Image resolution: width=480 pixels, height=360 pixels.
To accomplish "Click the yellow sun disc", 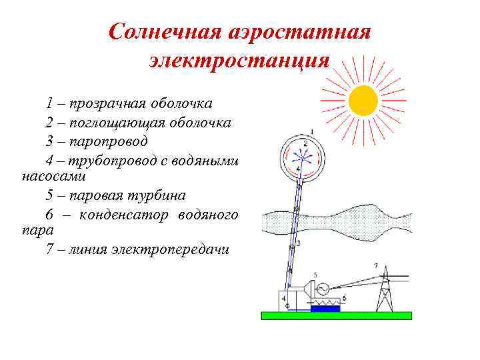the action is coord(363,101).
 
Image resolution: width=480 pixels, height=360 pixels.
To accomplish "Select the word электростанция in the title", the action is coord(239,60).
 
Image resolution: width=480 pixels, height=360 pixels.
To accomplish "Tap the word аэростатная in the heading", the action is coord(299,32).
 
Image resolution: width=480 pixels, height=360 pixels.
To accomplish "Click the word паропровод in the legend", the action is coord(109,142).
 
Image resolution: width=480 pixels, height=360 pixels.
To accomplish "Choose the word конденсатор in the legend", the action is coord(124,215).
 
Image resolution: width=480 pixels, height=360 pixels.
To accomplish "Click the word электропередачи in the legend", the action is coord(170,249).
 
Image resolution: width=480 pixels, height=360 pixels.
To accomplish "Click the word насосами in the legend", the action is coord(54,177).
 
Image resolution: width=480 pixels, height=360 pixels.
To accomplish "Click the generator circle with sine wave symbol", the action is coord(322,289).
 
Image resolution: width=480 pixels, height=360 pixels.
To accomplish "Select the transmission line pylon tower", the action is coord(385,289).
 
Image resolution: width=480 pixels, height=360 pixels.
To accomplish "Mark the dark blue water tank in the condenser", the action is coord(325,308).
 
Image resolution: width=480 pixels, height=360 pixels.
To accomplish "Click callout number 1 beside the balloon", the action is coord(312,132).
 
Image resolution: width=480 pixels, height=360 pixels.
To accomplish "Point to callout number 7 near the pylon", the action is coord(376,266).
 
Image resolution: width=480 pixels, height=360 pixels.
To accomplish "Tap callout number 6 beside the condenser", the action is coord(345,298).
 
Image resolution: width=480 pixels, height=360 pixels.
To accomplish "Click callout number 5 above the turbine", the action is coord(315,275).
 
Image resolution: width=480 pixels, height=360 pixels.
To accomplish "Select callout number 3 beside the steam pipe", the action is coord(298,243).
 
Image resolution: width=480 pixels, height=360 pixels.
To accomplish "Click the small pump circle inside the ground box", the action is coord(287,305).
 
